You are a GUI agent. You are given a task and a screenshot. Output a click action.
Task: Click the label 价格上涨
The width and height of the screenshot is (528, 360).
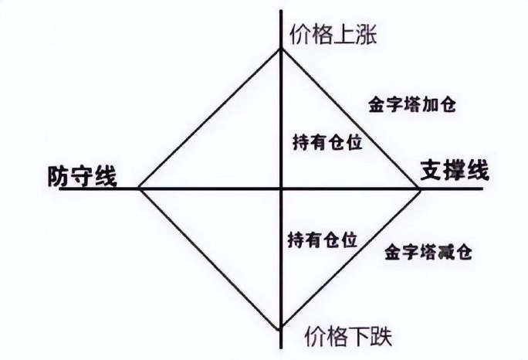coord(333,36)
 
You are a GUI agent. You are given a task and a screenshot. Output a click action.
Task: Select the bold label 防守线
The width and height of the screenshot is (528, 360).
coord(81,176)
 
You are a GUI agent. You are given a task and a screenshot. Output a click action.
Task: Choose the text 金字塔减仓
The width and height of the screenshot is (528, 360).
coord(427,252)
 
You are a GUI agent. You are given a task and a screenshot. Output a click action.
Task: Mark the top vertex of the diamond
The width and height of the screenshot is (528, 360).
coord(281,49)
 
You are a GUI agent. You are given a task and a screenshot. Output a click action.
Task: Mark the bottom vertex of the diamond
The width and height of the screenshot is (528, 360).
coord(281,328)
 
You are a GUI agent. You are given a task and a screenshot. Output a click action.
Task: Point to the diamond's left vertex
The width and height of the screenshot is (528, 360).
coord(138,188)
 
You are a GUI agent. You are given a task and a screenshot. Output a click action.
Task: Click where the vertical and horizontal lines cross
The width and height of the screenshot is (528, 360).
coord(281,188)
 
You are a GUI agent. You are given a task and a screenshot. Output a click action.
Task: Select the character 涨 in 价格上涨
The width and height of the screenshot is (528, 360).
coord(365,36)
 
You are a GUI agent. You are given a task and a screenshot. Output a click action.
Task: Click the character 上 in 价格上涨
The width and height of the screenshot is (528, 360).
coord(344,36)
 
